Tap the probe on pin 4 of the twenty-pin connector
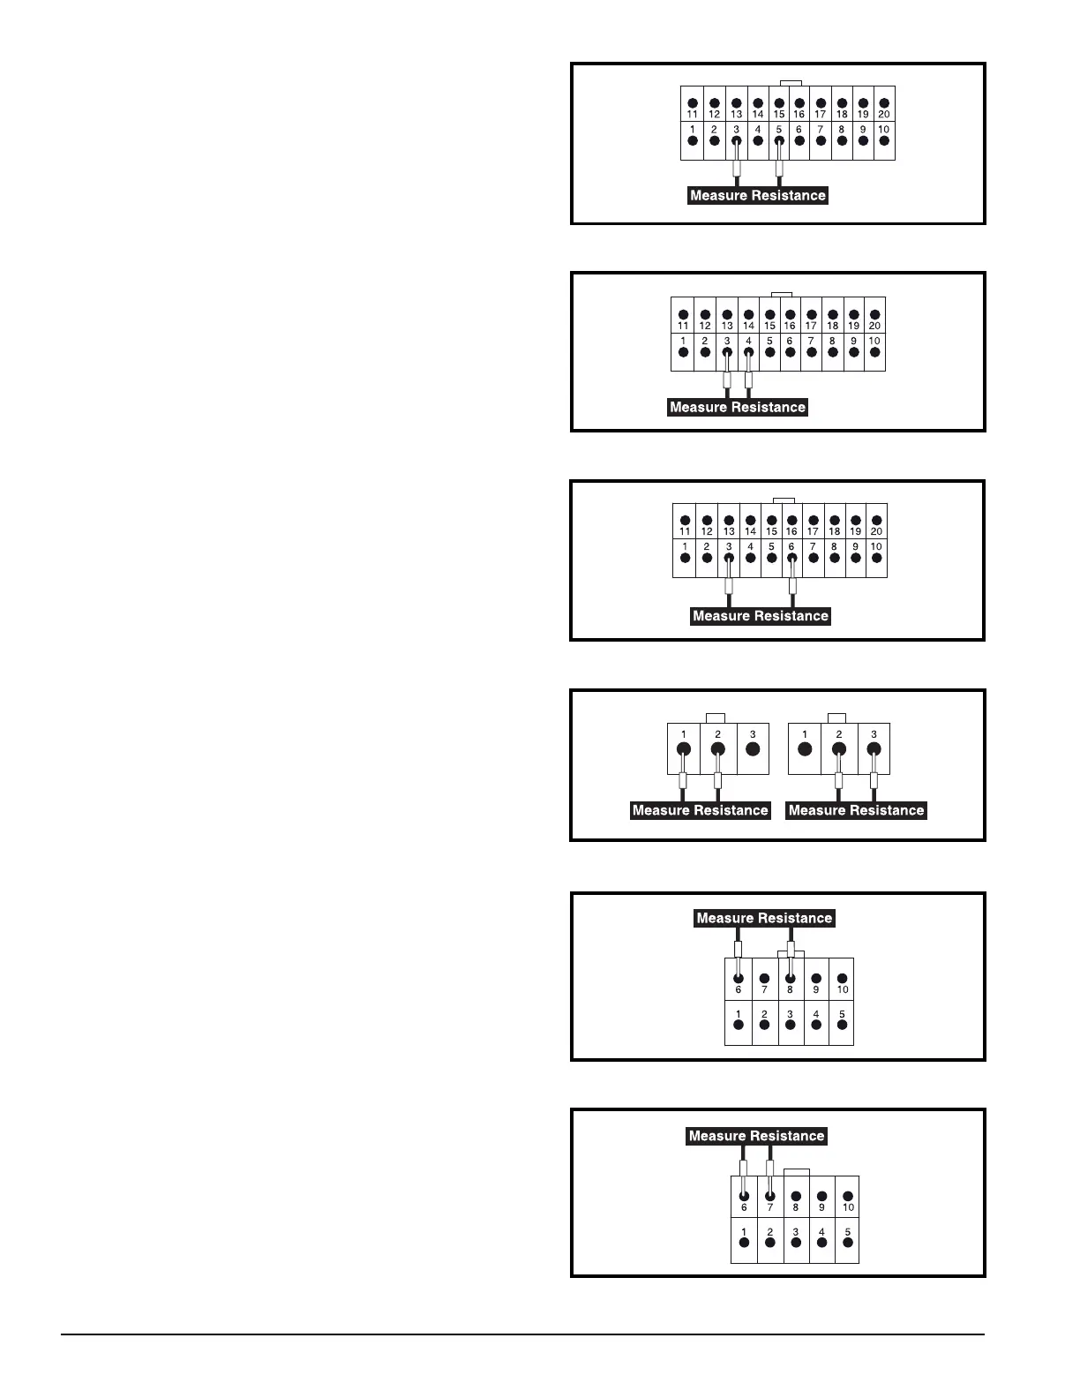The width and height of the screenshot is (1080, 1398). [x=748, y=381]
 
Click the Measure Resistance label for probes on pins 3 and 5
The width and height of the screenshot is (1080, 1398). [x=758, y=196]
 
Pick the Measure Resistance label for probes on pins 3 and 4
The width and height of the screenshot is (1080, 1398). [x=738, y=408]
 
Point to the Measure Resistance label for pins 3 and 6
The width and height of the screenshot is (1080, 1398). [x=761, y=616]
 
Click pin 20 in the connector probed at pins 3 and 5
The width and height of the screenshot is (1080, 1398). [x=884, y=103]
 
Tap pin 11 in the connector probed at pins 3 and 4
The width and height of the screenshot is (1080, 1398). [x=683, y=314]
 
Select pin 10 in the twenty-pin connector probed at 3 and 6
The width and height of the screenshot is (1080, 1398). [x=876, y=558]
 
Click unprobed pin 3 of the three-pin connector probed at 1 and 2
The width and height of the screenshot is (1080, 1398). [x=753, y=749]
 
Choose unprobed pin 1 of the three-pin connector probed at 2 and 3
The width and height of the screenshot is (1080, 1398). [x=804, y=749]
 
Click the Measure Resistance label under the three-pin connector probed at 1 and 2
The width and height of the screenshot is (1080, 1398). [x=701, y=810]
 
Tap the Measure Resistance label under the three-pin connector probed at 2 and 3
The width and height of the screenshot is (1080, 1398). [x=856, y=810]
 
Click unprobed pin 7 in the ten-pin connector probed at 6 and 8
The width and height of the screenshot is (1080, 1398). [x=764, y=978]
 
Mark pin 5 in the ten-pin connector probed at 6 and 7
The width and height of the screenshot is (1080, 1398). [x=848, y=1242]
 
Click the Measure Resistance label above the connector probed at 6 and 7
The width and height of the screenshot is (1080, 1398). [x=756, y=1136]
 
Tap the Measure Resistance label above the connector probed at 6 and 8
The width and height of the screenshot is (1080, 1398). [x=764, y=918]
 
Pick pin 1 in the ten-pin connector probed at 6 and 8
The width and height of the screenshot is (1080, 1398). [x=739, y=1025]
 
